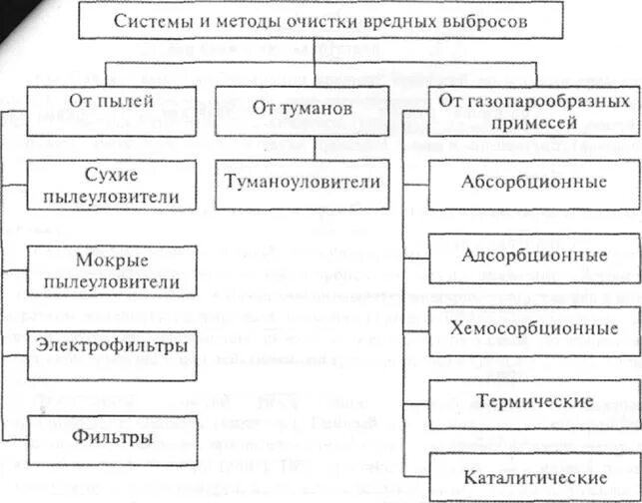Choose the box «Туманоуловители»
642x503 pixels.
click(x=304, y=182)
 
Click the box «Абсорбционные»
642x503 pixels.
click(x=534, y=184)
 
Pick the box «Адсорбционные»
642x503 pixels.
click(x=534, y=254)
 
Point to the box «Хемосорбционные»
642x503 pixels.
click(x=534, y=328)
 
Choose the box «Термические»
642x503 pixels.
click(x=534, y=401)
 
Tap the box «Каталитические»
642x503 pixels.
click(x=534, y=477)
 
